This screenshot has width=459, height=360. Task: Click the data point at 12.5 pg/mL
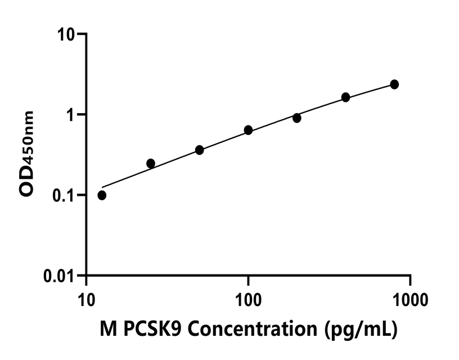102,195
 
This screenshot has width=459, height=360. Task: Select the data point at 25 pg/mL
151,163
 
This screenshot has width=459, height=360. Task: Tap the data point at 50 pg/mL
199,150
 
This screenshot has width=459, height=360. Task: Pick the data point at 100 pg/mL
248,130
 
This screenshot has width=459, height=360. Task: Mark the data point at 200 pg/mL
297,118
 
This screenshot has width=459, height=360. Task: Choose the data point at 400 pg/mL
345,97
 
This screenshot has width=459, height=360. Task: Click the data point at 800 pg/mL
394,84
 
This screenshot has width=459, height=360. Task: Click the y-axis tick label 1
71,115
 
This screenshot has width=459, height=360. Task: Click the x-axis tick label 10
86,297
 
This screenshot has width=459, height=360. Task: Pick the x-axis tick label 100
248,297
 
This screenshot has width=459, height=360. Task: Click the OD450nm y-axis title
27,154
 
